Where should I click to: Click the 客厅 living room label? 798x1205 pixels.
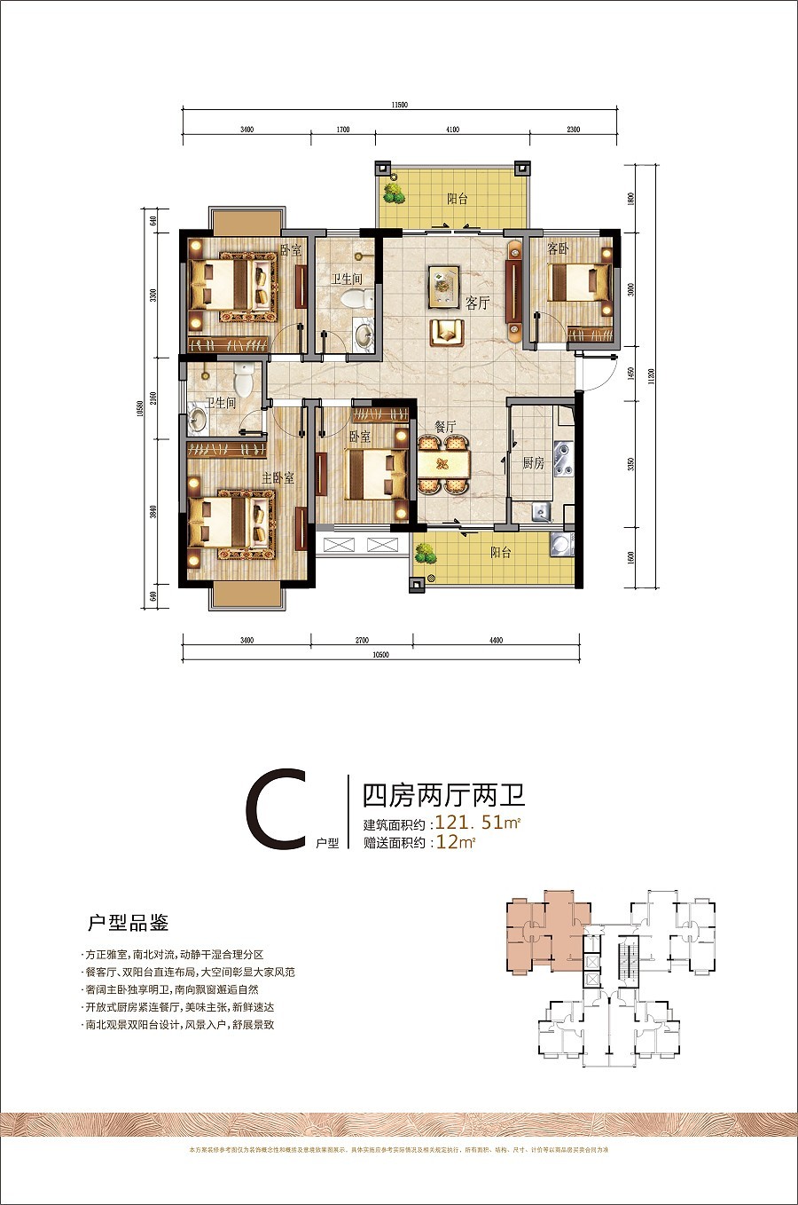478,303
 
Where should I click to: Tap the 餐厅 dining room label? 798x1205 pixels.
445,427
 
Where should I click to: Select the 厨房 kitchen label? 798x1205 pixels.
533,463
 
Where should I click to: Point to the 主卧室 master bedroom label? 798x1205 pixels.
278,478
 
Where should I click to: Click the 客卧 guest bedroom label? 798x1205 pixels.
558,249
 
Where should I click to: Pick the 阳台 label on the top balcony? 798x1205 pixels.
458,200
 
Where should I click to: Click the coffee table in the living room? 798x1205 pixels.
443,283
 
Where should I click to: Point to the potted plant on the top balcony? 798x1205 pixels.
392,192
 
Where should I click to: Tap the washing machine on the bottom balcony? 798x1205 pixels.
560,545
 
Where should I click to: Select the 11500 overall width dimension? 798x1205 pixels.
399,105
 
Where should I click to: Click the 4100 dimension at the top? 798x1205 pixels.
452,130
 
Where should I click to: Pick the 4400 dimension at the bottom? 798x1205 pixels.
496,640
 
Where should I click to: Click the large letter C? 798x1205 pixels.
276,809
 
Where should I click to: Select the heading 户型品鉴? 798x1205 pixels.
128,923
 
